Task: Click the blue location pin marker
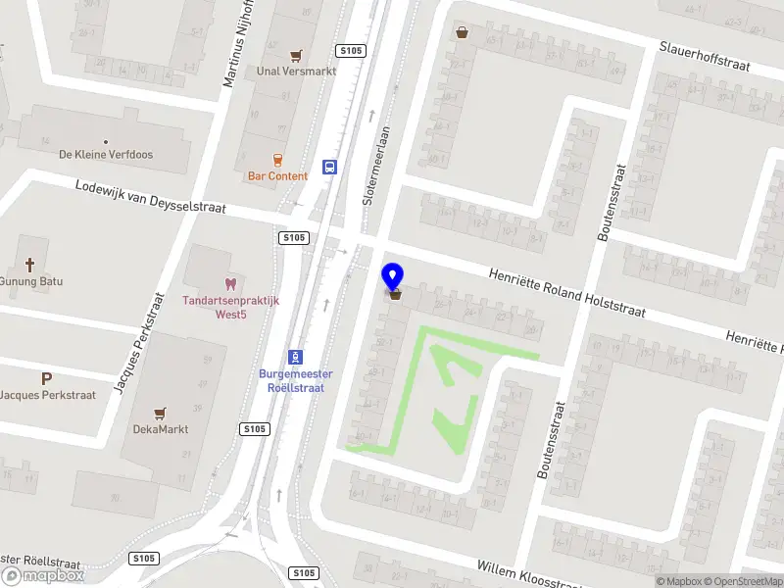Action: (394, 275)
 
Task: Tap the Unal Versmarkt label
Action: (296, 72)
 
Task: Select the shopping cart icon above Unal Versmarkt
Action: (296, 56)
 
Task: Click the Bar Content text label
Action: (277, 176)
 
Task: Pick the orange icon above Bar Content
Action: (277, 160)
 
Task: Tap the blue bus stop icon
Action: (330, 167)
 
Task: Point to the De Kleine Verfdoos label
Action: (106, 155)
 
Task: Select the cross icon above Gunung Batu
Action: (30, 265)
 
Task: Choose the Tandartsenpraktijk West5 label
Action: (230, 307)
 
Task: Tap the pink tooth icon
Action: (230, 284)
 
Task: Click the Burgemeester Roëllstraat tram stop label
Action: (295, 380)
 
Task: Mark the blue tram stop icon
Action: (294, 358)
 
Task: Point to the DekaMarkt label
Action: (161, 429)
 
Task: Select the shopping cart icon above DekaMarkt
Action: (161, 414)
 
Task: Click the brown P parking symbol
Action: (45, 378)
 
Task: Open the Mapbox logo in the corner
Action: (44, 576)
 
